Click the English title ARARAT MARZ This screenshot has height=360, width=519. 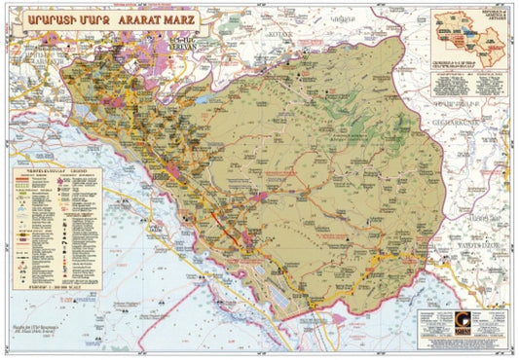[160, 18]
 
